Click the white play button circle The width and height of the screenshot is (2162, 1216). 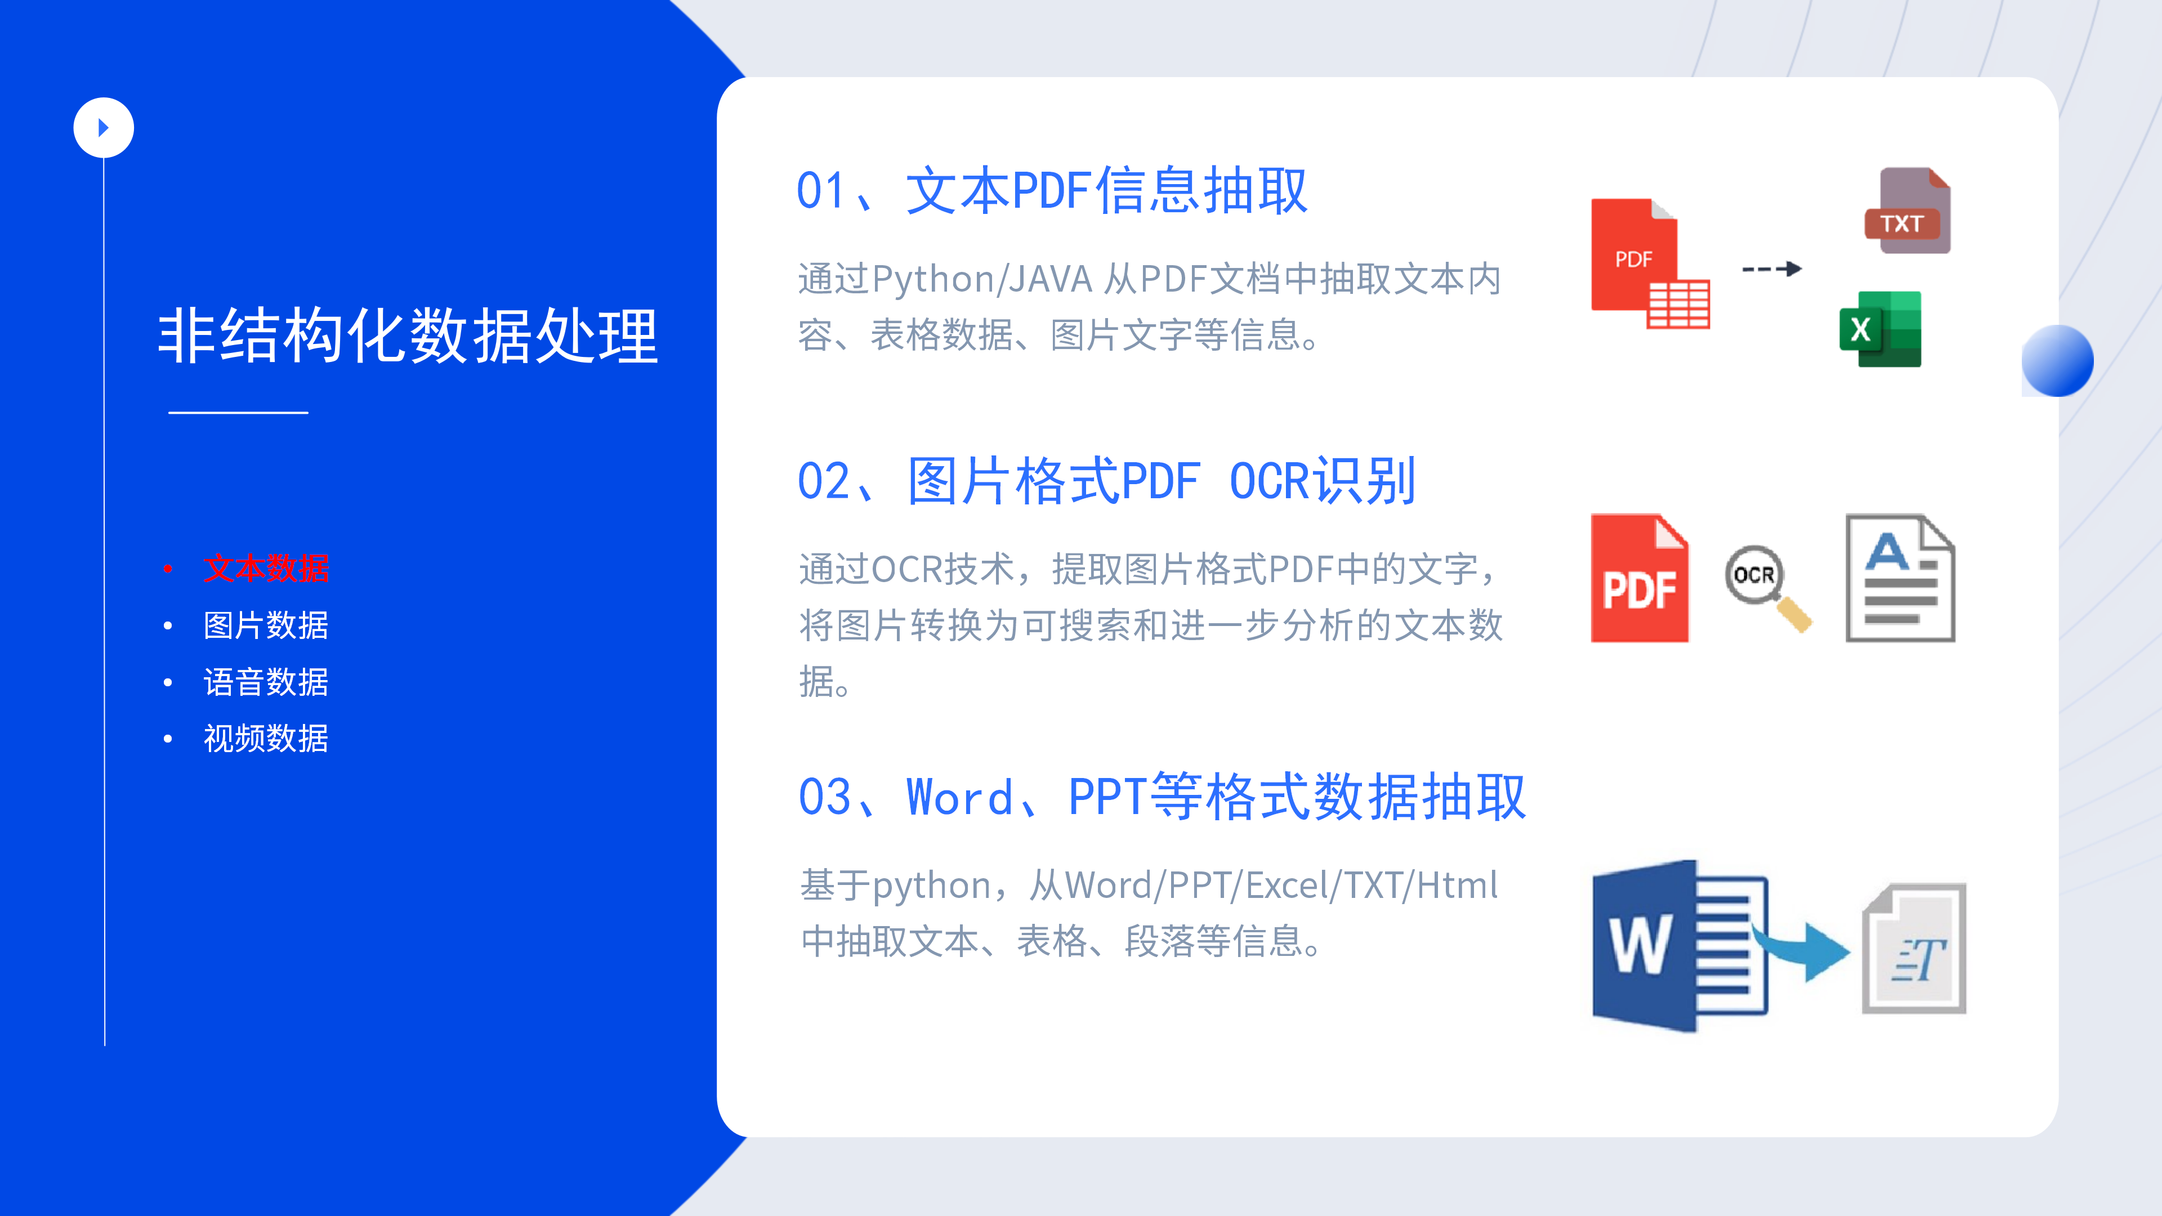pos(103,128)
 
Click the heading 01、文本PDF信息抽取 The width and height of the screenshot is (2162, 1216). pos(1052,190)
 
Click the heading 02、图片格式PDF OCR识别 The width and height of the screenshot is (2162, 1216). pos(1107,481)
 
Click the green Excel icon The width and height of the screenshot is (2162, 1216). pos(1880,329)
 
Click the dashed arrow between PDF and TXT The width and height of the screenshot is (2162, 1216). pos(1772,269)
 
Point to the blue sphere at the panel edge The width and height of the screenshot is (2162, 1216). pos(2057,361)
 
